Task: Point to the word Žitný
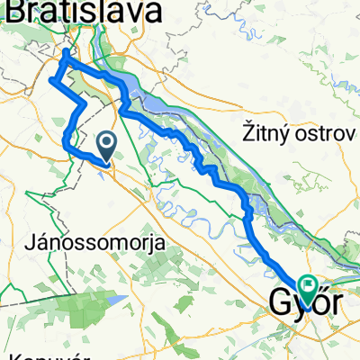pyautogui.click(x=270, y=132)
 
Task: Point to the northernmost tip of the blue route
pyautogui.click(x=66, y=52)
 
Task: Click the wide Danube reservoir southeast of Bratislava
pyautogui.click(x=135, y=90)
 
